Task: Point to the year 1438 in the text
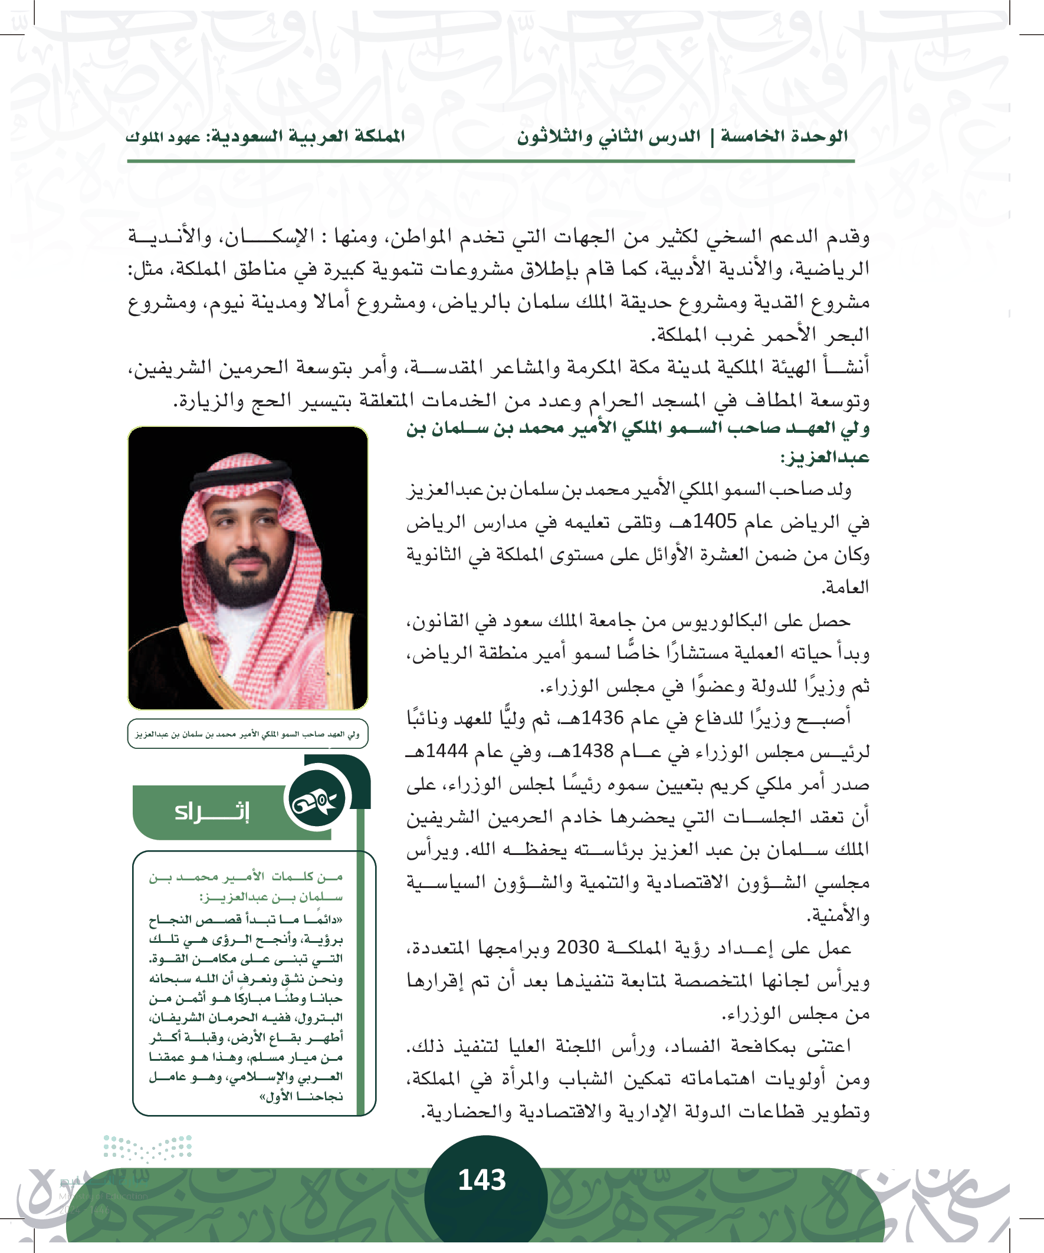tap(593, 751)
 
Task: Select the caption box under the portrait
tap(248, 734)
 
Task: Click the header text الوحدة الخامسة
tap(784, 137)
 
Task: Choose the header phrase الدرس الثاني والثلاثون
tap(608, 137)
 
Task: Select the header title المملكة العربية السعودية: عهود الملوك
tap(265, 137)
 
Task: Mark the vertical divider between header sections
tap(711, 137)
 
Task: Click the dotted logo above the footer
tap(147, 1148)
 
